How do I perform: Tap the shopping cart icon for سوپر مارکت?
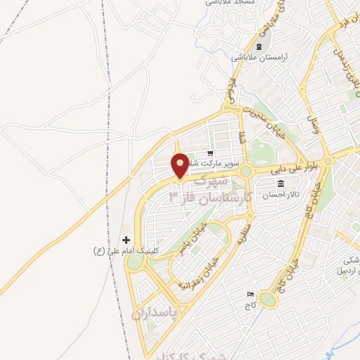pos(209,153)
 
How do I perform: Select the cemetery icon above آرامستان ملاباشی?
pos(259,47)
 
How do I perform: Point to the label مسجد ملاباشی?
pos(230,3)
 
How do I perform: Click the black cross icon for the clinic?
pos(126,240)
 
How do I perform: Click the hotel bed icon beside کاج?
pos(250,294)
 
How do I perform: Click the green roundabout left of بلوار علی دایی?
pos(245,172)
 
